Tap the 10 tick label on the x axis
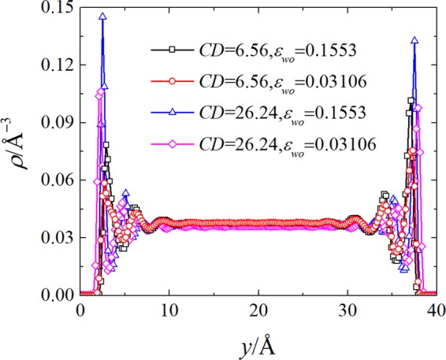168,310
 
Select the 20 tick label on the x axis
257,310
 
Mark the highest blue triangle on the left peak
102,17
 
